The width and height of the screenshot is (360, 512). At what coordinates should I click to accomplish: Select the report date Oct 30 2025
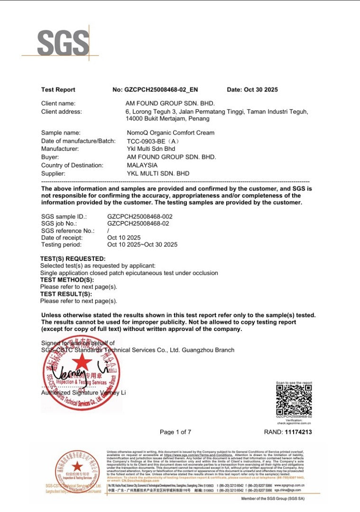click(259, 90)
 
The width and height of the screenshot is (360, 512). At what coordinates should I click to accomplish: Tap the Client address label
click(62, 112)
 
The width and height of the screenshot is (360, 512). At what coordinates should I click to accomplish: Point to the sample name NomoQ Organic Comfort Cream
click(170, 133)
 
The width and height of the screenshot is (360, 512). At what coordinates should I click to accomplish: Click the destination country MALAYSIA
click(142, 165)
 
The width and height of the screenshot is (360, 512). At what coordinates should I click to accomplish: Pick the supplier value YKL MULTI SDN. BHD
click(158, 174)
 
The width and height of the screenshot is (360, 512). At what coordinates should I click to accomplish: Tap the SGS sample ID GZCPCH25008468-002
click(140, 216)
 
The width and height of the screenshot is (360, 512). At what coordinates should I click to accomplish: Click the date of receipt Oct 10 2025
click(124, 238)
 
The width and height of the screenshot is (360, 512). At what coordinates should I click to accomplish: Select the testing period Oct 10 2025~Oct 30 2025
click(142, 245)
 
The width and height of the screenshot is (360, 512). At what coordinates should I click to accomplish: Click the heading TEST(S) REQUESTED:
click(73, 259)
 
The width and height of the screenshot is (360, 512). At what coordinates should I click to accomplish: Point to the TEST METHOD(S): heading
click(67, 280)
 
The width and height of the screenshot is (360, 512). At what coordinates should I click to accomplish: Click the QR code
click(294, 399)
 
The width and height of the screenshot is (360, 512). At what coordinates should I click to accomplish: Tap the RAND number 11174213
click(298, 432)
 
